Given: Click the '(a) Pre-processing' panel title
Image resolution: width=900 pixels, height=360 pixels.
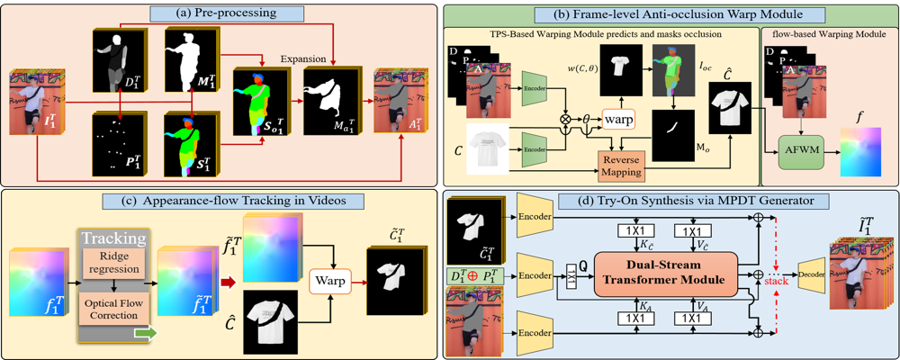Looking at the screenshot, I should (220, 13).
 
